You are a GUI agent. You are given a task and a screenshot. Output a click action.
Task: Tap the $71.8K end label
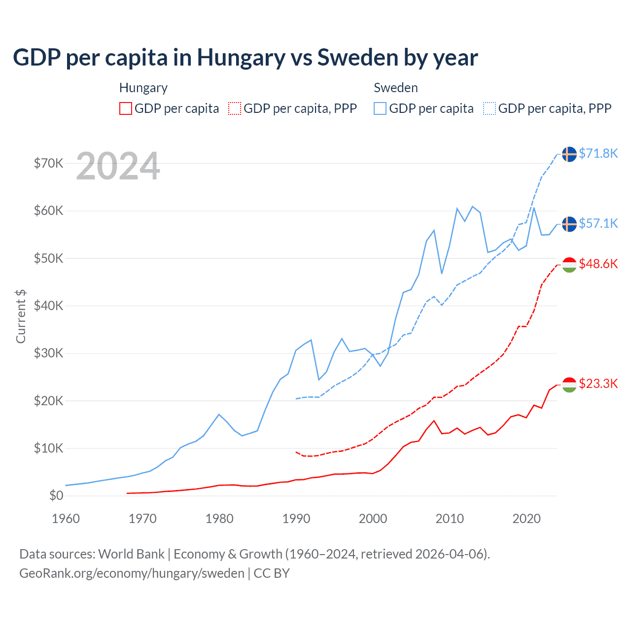pos(598,153)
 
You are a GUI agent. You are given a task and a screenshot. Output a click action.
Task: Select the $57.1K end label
pos(598,223)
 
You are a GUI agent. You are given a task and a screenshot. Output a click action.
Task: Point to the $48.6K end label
pos(598,264)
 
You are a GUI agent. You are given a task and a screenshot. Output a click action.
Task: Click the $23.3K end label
pos(598,384)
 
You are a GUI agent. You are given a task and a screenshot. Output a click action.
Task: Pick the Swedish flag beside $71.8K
pos(569,154)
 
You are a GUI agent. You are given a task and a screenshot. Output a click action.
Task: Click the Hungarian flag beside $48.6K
pos(569,265)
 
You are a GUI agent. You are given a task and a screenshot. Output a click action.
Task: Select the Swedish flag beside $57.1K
pos(569,224)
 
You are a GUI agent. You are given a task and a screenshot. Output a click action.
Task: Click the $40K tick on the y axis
pos(48,306)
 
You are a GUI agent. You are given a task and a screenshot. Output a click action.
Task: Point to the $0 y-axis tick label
pos(56,495)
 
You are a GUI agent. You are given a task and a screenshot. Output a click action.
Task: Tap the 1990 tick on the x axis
pos(296,519)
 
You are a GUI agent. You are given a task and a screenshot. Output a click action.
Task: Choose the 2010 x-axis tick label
pos(450,519)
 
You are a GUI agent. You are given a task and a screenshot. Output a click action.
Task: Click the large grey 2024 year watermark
pos(118,166)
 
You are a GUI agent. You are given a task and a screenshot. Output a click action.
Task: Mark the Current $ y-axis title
pos(21,316)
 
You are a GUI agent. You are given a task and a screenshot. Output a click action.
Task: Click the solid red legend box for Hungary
pos(126,108)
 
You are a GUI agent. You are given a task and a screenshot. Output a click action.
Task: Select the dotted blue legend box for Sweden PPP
pos(490,108)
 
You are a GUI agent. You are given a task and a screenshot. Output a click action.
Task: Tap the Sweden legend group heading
pos(396,88)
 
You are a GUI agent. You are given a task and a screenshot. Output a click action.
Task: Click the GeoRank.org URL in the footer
pos(132,573)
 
